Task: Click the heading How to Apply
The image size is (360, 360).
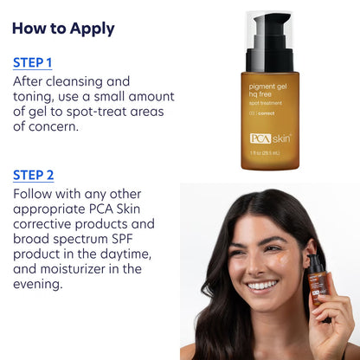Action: click(63, 28)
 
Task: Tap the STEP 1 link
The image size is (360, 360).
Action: click(32, 62)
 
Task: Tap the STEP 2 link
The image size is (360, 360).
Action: click(33, 175)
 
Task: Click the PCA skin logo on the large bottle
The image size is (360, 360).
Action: click(270, 138)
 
